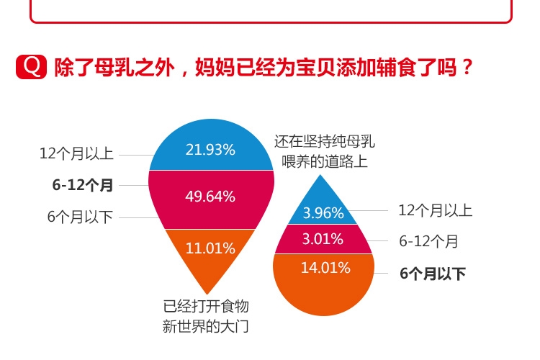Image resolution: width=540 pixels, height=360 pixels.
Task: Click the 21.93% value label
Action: [210, 150]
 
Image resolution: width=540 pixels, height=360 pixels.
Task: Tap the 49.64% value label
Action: [210, 197]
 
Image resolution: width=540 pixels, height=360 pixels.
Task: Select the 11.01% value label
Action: [210, 248]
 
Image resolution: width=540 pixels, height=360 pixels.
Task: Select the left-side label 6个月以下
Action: [81, 217]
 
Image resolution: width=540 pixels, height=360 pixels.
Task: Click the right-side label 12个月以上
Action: [435, 210]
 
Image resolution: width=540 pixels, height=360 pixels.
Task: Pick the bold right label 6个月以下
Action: [433, 274]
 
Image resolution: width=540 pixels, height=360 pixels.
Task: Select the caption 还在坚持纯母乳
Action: [325, 142]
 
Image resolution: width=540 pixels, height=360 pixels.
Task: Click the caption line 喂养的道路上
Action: [325, 161]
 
